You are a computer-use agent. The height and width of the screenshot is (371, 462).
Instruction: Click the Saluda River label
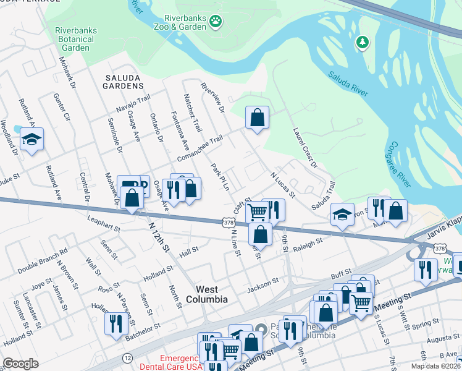click(348, 83)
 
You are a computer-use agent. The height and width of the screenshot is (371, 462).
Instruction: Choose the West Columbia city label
click(203, 294)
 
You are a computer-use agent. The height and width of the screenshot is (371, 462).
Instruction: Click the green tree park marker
click(362, 42)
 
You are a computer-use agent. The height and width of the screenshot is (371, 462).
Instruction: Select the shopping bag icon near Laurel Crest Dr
click(257, 117)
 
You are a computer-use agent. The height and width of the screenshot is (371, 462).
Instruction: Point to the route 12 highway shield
click(127, 357)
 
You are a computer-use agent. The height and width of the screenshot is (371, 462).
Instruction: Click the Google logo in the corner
click(20, 364)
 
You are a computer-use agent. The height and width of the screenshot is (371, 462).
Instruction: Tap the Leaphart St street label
click(102, 224)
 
